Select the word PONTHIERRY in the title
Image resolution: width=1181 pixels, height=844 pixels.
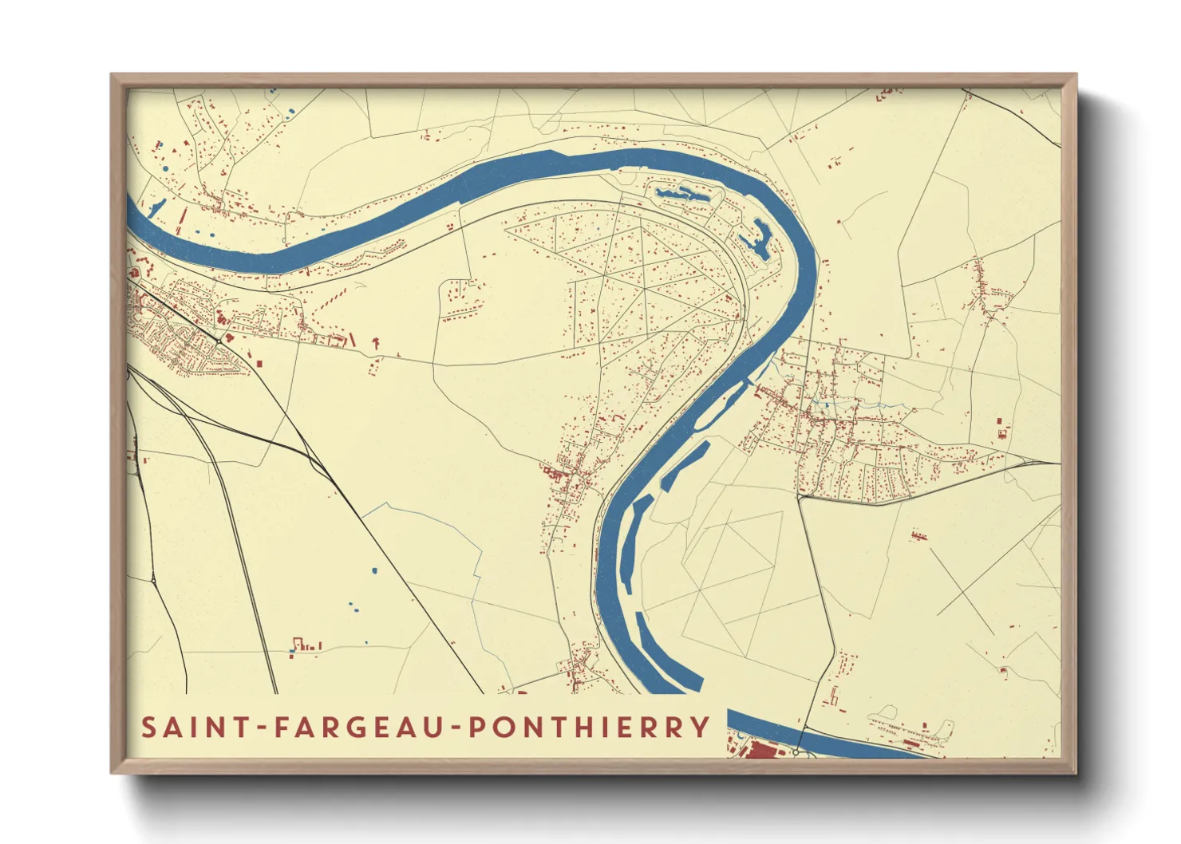pyautogui.click(x=588, y=728)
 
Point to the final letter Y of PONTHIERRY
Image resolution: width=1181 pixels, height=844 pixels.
pyautogui.click(x=701, y=728)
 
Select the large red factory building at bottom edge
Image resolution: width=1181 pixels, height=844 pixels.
pyautogui.click(x=763, y=749)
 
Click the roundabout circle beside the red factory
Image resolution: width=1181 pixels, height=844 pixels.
pyautogui.click(x=796, y=751)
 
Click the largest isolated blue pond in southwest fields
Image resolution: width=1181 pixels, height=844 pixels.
pyautogui.click(x=374, y=570)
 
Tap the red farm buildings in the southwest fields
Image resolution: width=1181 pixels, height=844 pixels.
pyautogui.click(x=306, y=645)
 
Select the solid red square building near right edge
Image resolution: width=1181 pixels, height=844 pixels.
pyautogui.click(x=1001, y=433)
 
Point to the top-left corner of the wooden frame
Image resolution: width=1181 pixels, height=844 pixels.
pyautogui.click(x=112, y=75)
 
